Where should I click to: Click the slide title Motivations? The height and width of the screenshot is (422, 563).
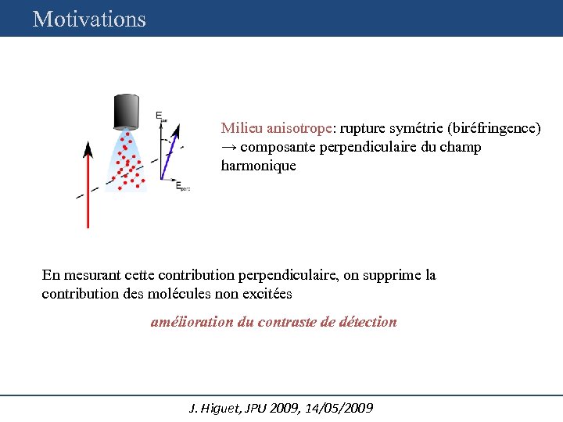[x=89, y=19]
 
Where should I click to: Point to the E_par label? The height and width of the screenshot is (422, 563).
[x=161, y=116]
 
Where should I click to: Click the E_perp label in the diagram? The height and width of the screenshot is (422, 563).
[x=183, y=187]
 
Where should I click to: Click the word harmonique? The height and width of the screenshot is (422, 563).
[x=258, y=166]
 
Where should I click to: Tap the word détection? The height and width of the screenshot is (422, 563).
[x=368, y=321]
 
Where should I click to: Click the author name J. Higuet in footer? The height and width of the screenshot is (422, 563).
[x=216, y=408]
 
